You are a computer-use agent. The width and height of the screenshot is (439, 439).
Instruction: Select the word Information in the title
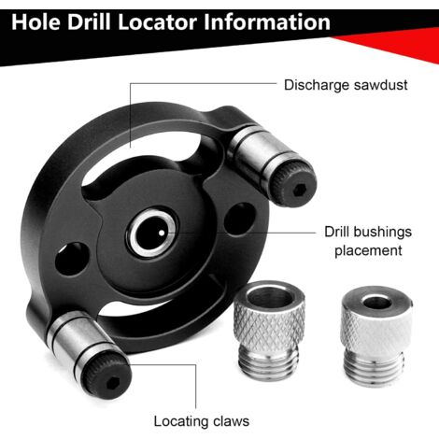click(262, 21)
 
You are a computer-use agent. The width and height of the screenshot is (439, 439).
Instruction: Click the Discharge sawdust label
click(346, 85)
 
